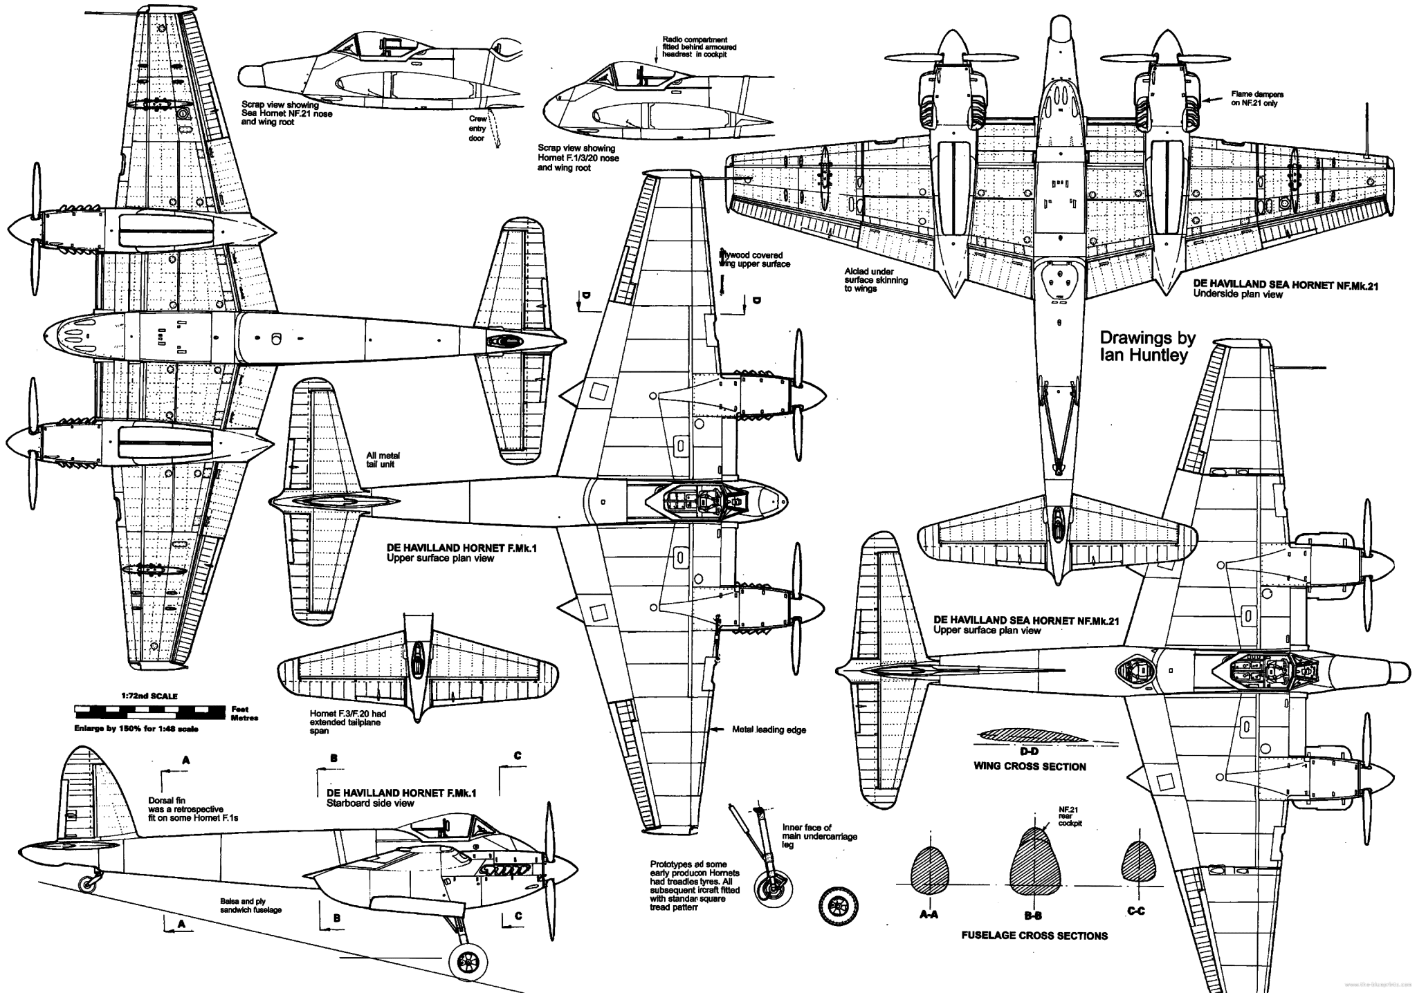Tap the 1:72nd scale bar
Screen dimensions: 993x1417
[149, 709]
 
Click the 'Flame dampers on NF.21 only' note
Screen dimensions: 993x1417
[1253, 98]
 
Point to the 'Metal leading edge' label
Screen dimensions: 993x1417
[769, 730]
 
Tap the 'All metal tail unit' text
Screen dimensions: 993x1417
[383, 460]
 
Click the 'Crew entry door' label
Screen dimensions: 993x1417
[477, 129]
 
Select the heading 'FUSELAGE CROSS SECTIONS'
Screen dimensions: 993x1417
[1034, 936]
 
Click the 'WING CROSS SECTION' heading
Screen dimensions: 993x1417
[1030, 766]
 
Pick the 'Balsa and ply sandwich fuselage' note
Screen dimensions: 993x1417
[251, 906]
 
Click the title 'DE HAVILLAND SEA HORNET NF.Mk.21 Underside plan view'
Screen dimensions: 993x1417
[1284, 290]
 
